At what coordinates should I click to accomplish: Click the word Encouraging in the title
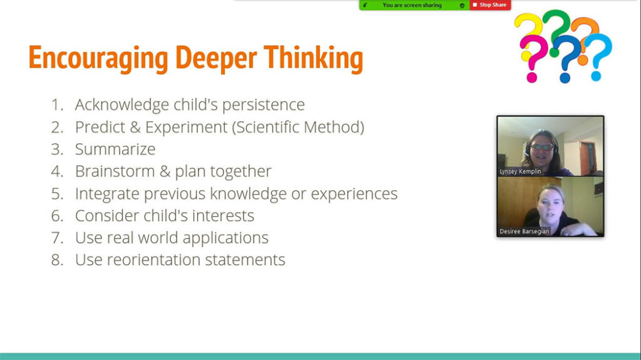tap(98, 58)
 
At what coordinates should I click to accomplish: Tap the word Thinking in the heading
tap(314, 58)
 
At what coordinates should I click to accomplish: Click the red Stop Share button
tap(490, 5)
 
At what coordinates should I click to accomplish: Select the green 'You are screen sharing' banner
tap(414, 5)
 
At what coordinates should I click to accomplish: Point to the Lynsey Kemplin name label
tap(520, 172)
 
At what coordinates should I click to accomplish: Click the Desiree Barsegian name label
tap(524, 232)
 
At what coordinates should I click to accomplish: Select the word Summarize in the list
tap(115, 149)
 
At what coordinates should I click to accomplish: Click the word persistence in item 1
tap(264, 105)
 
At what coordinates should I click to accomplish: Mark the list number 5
tap(57, 193)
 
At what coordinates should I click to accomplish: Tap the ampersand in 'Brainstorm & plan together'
tap(165, 172)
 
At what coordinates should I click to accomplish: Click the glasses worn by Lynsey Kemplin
tap(543, 147)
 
